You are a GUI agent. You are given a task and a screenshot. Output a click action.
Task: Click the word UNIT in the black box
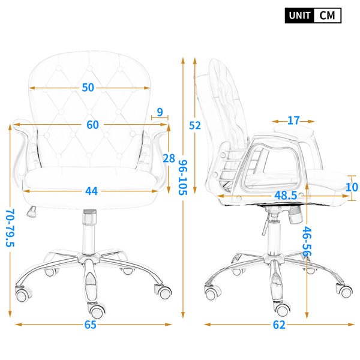[x=299, y=16]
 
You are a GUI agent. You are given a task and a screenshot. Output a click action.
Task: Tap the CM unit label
[x=327, y=16]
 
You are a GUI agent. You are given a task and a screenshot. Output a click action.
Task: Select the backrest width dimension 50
[x=88, y=88]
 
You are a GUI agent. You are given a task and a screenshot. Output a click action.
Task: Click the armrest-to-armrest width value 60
[x=92, y=125]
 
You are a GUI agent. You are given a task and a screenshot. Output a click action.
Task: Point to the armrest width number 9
[x=160, y=112]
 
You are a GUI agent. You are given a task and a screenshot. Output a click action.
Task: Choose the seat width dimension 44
[x=91, y=191]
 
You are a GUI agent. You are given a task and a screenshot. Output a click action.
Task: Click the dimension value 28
[x=169, y=158]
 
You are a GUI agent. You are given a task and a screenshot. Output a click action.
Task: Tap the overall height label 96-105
[x=183, y=178]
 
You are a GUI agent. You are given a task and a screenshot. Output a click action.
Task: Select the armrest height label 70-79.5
[x=10, y=228]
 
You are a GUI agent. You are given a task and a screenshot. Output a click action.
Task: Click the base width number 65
[x=90, y=325]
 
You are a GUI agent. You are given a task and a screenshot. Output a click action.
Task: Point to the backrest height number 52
[x=195, y=125]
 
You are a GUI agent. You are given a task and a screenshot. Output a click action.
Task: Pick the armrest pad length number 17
[x=293, y=121]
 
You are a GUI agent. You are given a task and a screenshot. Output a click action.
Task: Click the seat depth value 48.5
[x=286, y=196]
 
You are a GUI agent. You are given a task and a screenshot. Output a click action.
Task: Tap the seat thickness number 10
[x=352, y=187]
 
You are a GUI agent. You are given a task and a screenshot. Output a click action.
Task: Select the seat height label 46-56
[x=307, y=241]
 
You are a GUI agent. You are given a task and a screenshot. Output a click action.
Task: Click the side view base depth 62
[x=279, y=325]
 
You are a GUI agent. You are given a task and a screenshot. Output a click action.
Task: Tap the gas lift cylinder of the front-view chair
[x=89, y=232]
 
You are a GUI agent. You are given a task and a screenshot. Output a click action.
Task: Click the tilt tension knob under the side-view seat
[x=295, y=215]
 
